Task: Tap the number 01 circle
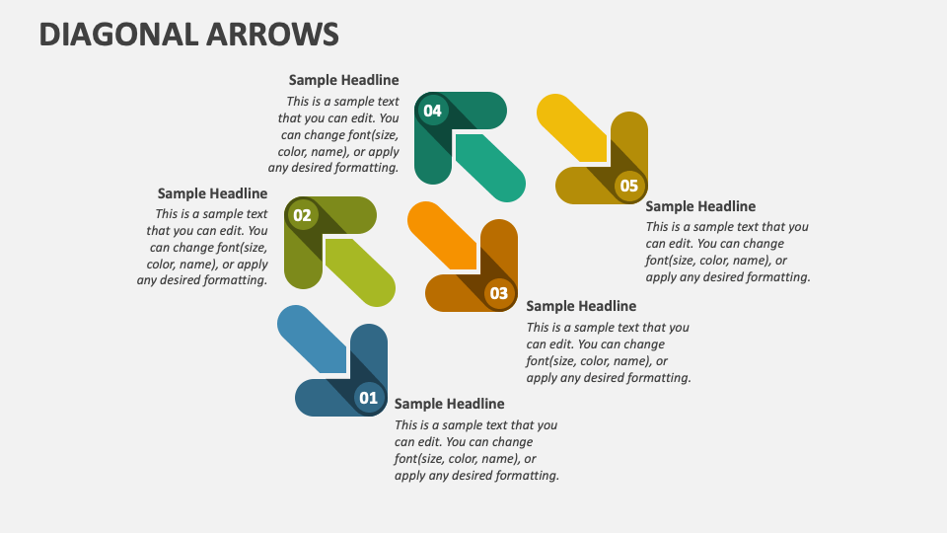click(x=368, y=398)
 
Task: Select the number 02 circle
click(x=302, y=215)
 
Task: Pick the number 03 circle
click(x=499, y=293)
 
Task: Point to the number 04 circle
click(x=432, y=111)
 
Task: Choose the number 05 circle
click(x=629, y=186)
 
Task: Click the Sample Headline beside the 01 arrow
click(x=449, y=404)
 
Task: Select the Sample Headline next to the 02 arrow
click(x=212, y=193)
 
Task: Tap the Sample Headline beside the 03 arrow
click(x=581, y=306)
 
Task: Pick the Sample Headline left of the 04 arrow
click(x=343, y=80)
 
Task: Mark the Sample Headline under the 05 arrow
click(x=700, y=206)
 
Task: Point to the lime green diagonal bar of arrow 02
click(x=360, y=272)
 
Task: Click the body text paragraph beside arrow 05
click(x=728, y=252)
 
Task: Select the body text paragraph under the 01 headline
click(x=476, y=450)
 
